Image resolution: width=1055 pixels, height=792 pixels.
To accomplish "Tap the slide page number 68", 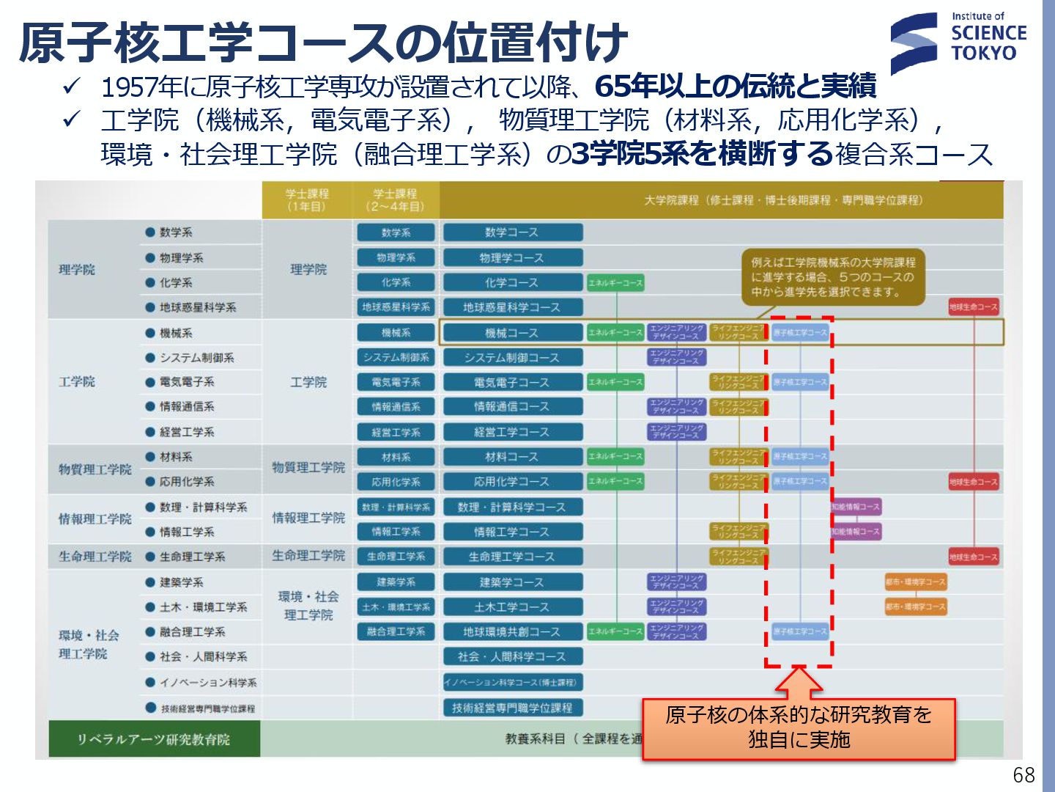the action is pyautogui.click(x=1023, y=775).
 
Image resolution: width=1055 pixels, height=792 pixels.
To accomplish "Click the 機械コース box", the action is pyautogui.click(x=512, y=333).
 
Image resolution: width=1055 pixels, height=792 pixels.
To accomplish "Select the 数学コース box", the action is pyautogui.click(x=512, y=232).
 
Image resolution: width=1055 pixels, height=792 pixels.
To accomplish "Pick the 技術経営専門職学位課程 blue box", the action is pyautogui.click(x=512, y=708).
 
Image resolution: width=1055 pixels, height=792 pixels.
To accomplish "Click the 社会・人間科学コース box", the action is pyautogui.click(x=512, y=656).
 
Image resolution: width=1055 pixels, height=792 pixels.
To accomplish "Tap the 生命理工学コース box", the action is pyautogui.click(x=512, y=557).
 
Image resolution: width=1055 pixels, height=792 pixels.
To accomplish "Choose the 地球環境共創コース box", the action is pyautogui.click(x=512, y=631).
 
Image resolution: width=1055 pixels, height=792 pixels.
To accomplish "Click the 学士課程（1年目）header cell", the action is pyautogui.click(x=307, y=200).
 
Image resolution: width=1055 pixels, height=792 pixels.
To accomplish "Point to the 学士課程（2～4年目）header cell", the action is pyautogui.click(x=396, y=200).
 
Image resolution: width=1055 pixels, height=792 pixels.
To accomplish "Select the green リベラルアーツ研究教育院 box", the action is pyautogui.click(x=154, y=739).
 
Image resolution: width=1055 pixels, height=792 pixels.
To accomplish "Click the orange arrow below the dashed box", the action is pyautogui.click(x=799, y=683).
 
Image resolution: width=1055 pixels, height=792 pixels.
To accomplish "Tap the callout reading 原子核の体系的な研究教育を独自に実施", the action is pyautogui.click(x=799, y=728).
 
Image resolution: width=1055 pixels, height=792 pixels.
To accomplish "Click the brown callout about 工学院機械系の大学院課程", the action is pyautogui.click(x=833, y=277).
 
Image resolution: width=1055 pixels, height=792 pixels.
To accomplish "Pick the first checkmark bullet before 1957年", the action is pyautogui.click(x=71, y=87).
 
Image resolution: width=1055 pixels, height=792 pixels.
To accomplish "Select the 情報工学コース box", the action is pyautogui.click(x=512, y=532).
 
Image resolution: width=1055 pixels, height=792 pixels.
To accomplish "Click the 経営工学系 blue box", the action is pyautogui.click(x=396, y=432).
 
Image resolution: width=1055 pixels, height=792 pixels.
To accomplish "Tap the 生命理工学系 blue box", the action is pyautogui.click(x=396, y=557).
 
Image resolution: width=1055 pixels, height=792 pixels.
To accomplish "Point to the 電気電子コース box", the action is pyautogui.click(x=512, y=382).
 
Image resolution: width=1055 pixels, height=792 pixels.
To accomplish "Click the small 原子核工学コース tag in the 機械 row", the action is pyautogui.click(x=800, y=333).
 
